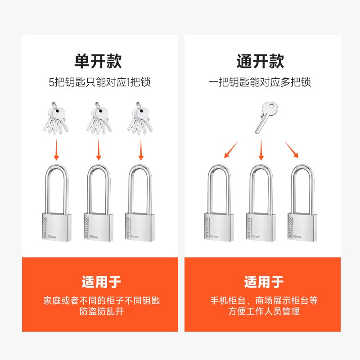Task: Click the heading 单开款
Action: coord(98,61)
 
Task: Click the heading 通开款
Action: coord(261,61)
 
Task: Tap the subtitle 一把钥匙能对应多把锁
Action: coord(260,82)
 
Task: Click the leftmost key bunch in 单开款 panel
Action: coord(56,119)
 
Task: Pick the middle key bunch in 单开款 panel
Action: coord(98,119)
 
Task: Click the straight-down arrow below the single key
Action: coord(261,150)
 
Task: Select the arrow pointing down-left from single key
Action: coord(231,150)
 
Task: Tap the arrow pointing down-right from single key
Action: coord(292,150)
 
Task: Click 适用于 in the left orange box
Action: coord(101,282)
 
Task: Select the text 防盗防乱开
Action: coord(101,311)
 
